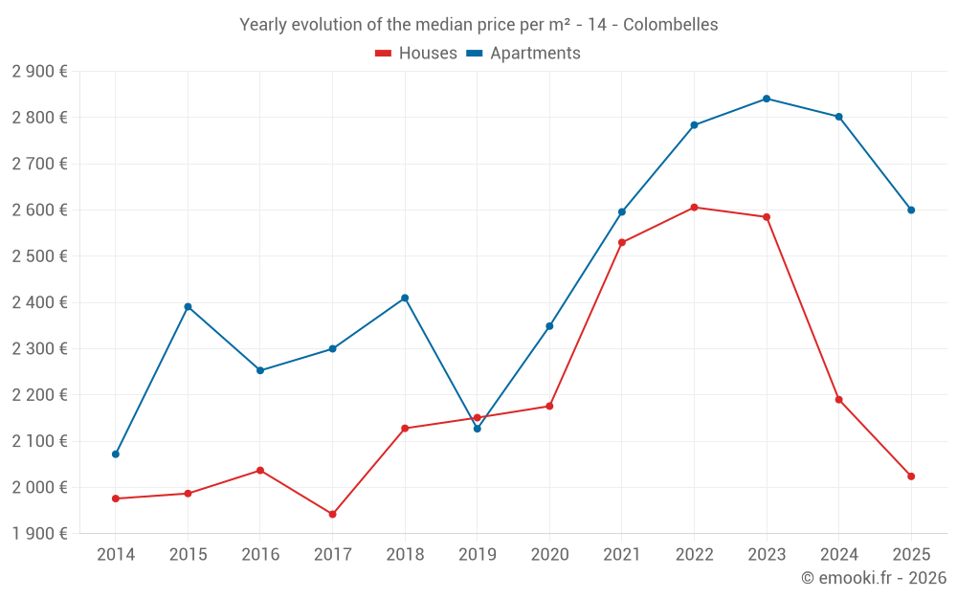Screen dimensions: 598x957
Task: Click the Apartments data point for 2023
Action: click(767, 99)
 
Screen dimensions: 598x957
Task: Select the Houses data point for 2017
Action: click(332, 515)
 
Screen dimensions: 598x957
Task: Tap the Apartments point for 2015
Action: click(188, 306)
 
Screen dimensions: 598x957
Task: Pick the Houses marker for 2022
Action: click(694, 207)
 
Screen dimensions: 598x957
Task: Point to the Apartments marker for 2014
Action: click(116, 454)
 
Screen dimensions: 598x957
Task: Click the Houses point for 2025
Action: click(911, 476)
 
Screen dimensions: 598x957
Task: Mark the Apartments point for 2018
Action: click(405, 298)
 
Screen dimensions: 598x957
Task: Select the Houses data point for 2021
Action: click(622, 242)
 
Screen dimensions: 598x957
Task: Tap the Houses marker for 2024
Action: click(838, 400)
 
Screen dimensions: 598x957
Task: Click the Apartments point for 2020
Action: click(549, 326)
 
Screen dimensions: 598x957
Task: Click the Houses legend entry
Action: click(416, 54)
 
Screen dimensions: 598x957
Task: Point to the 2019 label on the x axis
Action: click(477, 554)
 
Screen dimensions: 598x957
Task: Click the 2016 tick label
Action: click(260, 554)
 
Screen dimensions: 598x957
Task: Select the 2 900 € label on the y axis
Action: click(39, 71)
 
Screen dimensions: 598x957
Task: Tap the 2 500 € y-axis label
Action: click(39, 256)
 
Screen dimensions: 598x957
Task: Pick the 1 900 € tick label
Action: click(39, 534)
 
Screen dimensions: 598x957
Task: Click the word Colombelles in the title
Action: click(670, 25)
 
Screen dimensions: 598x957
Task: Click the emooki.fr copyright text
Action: click(873, 578)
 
